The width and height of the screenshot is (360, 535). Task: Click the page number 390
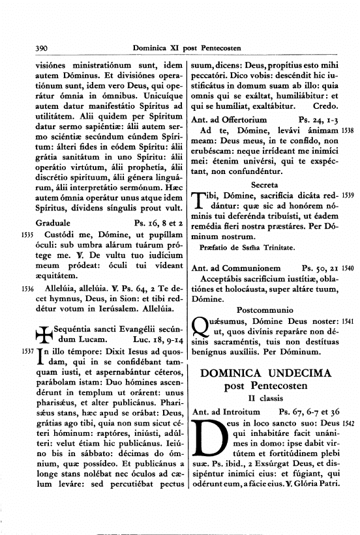pyautogui.click(x=28, y=48)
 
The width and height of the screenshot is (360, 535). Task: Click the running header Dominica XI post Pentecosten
pyautogui.click(x=187, y=48)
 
